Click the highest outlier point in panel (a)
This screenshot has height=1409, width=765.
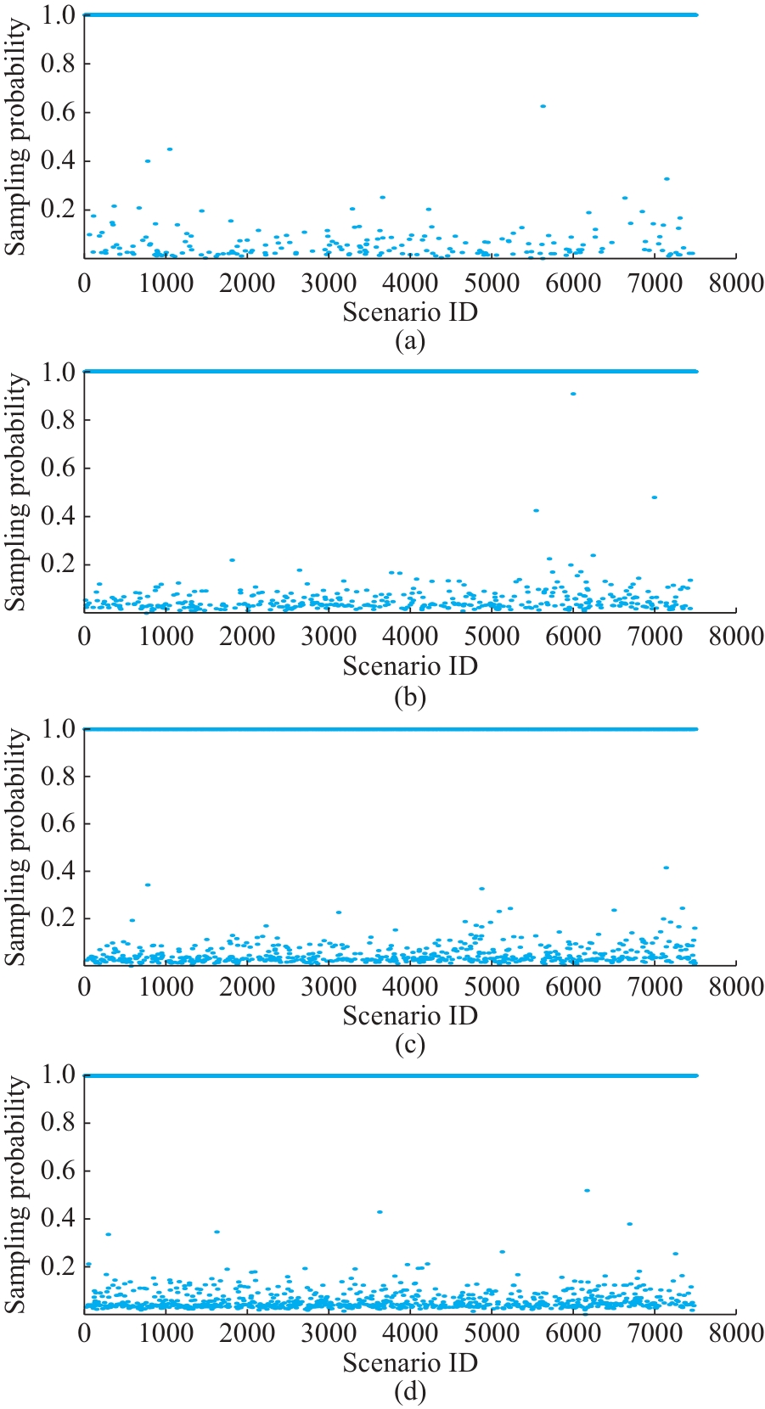point(543,106)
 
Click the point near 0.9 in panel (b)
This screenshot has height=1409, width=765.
point(573,394)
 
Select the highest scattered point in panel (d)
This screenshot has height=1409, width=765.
point(587,1191)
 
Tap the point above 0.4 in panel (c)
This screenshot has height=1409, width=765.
point(666,867)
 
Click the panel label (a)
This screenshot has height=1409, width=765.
point(410,341)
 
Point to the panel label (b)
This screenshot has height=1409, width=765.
point(410,697)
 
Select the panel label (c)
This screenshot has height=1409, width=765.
point(410,1044)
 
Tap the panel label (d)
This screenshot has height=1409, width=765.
point(410,1391)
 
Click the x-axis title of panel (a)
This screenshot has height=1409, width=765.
point(410,312)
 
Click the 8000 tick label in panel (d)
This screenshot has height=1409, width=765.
point(735,1333)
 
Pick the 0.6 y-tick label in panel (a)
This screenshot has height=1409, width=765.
point(58,112)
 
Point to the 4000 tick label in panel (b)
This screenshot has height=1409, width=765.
point(410,637)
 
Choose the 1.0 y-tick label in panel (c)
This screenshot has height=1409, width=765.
point(58,729)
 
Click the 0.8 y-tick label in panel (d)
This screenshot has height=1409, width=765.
point(58,1123)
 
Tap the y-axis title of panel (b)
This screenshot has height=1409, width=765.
point(17,492)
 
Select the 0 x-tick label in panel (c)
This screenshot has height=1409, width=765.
point(84,986)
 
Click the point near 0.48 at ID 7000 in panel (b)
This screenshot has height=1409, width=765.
point(654,497)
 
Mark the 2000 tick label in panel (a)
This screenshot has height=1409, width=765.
point(247,283)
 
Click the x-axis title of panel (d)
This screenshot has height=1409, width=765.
point(410,1362)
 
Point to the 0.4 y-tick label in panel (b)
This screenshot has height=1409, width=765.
point(58,516)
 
